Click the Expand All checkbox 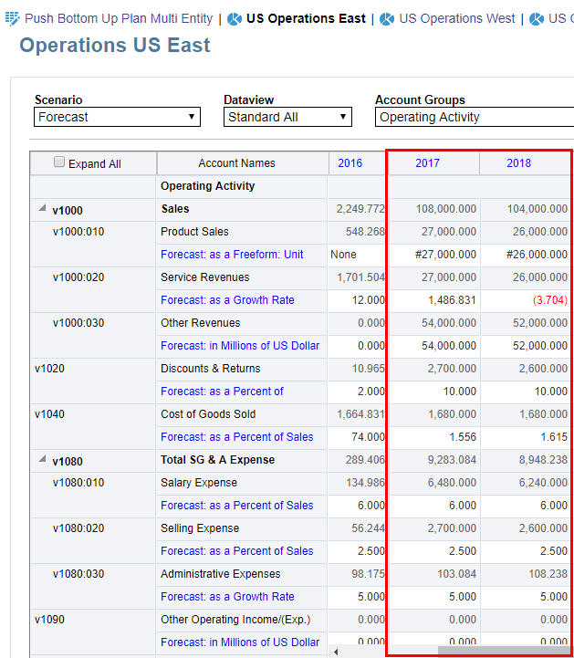59,162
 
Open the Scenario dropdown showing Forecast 117,117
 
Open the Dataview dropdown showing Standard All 287,117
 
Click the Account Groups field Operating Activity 473,117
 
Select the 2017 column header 427,163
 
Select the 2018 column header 518,163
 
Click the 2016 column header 350,163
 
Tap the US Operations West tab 456,18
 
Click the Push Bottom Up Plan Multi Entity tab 118,18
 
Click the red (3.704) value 550,300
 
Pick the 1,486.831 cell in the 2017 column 452,300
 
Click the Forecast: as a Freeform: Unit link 232,255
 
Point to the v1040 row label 49,414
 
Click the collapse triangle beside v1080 42,460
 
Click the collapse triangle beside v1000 42,209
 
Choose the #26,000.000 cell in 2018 537,255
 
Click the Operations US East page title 115,46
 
